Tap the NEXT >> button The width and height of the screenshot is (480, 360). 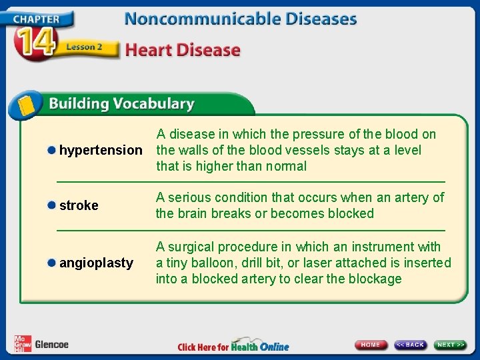coord(451,345)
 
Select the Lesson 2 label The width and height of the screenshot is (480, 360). coord(85,48)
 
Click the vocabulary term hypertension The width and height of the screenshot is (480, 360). coord(101,151)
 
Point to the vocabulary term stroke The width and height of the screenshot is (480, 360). coord(79,205)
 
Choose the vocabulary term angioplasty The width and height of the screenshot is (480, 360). coord(96,263)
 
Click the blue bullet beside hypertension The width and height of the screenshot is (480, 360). coord(51,150)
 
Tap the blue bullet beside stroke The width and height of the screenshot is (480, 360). coord(51,205)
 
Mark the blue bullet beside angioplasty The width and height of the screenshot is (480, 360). coord(51,263)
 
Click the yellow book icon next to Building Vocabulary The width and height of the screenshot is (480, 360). coord(25,105)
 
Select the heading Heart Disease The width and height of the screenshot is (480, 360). coord(182,50)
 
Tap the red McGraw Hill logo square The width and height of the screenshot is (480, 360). coord(22,343)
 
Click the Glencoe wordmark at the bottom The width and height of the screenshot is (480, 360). coord(51,345)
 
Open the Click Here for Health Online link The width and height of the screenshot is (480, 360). coord(233,345)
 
